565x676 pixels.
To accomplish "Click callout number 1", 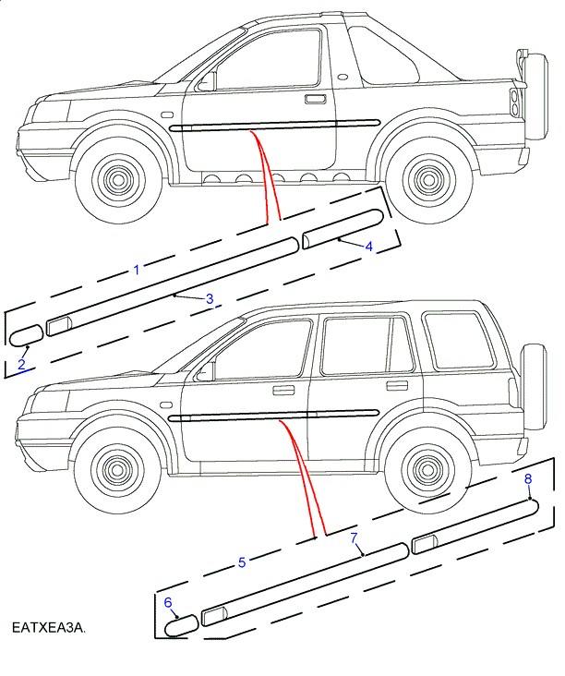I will (x=137, y=270).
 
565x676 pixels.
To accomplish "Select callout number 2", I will (x=20, y=365).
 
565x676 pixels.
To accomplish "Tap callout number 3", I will (x=210, y=298).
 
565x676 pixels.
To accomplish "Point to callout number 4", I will (x=367, y=247).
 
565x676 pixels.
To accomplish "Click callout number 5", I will (x=242, y=561).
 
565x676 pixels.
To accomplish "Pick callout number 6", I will (x=168, y=602).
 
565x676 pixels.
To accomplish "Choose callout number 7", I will (x=354, y=537).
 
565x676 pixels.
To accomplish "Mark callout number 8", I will (x=528, y=478).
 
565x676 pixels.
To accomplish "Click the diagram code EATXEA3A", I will (x=48, y=628).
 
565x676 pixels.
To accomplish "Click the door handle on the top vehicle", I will (x=314, y=98).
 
